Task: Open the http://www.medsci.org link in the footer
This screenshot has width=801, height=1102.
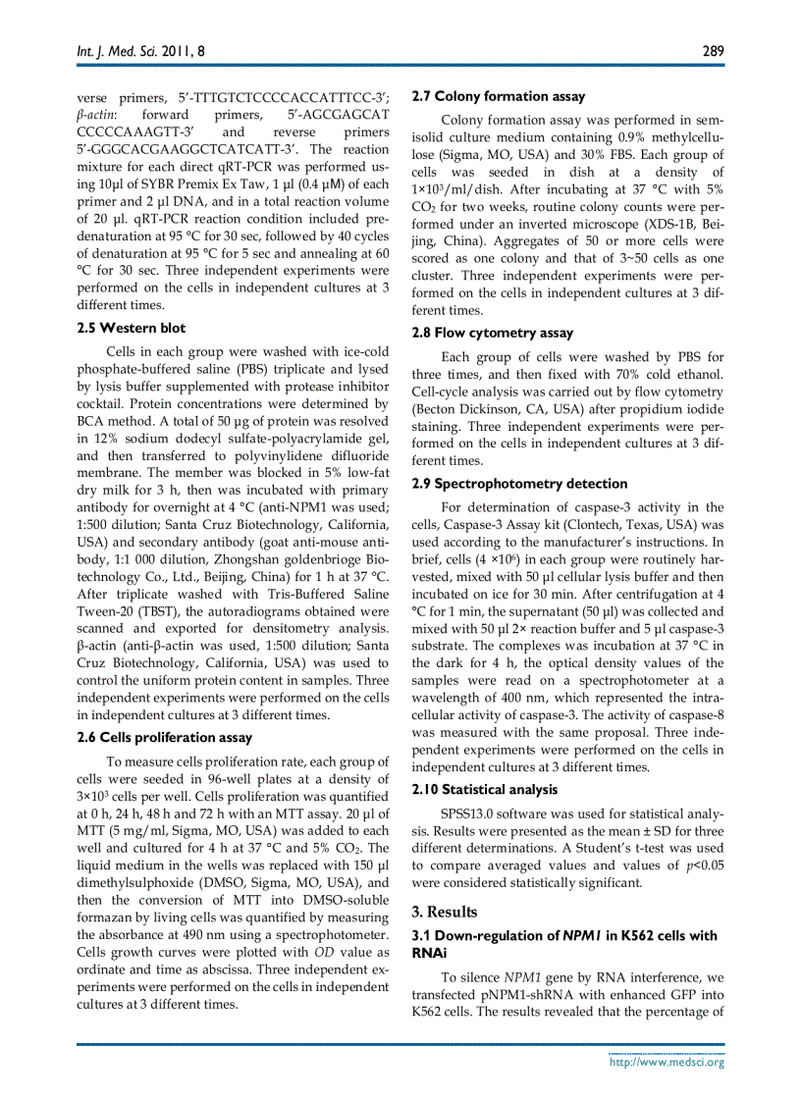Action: pos(667,1061)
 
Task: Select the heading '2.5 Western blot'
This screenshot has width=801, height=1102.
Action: pos(131,328)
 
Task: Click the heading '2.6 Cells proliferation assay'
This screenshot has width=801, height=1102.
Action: pos(164,737)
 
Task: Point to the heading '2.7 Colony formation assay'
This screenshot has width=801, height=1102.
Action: pos(498,96)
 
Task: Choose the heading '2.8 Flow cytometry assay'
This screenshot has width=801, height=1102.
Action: pos(492,333)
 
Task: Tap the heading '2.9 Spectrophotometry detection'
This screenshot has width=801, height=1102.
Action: pos(519,483)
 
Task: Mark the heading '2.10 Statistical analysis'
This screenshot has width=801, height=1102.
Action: pos(485,789)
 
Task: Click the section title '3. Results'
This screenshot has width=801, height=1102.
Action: pos(444,912)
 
